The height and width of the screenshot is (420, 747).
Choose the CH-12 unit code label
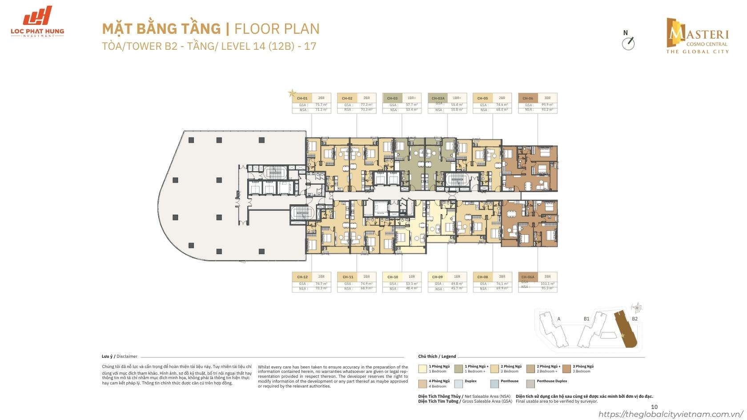click(302, 277)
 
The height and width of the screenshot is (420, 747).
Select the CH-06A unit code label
click(528, 277)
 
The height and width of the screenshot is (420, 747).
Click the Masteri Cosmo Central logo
click(697, 36)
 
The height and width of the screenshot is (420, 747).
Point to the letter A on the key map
click(558, 319)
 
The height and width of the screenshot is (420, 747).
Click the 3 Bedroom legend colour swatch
click(566, 368)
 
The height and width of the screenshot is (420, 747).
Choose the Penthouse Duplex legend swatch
click(530, 383)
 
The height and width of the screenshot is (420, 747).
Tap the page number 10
click(654, 406)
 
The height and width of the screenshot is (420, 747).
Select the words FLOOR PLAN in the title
click(277, 29)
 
